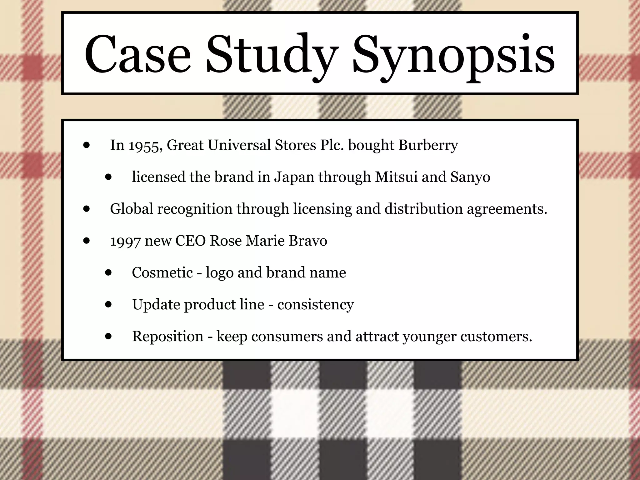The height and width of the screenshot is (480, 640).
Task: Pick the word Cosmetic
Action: (x=162, y=272)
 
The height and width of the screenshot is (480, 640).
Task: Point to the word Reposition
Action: (x=168, y=337)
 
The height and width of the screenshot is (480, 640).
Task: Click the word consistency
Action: (x=315, y=305)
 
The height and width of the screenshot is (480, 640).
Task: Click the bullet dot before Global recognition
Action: (x=87, y=209)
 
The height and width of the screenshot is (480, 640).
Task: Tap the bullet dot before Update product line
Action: (x=108, y=304)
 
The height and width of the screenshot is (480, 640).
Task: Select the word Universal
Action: (x=239, y=145)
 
